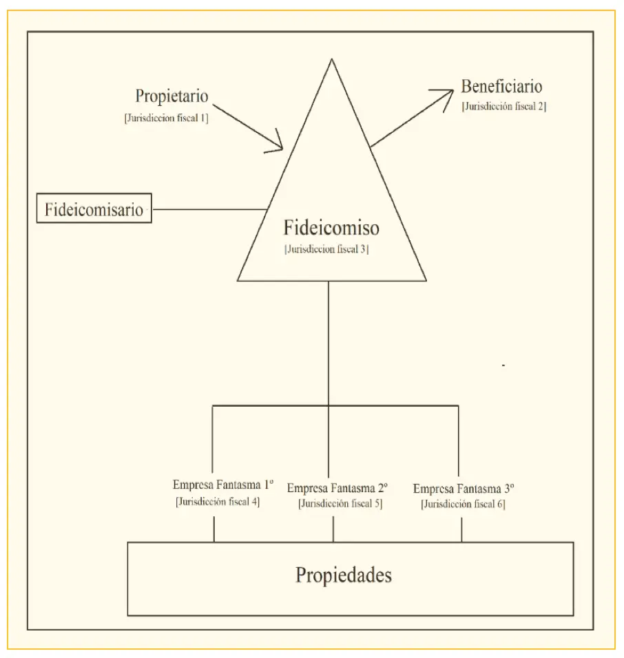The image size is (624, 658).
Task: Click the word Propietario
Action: coord(171,96)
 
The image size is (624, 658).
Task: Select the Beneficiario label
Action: coord(501,87)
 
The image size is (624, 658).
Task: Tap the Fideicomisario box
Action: coord(94,208)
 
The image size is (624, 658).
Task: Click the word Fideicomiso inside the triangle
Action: coord(331,227)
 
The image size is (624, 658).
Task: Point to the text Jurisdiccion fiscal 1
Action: coord(166,118)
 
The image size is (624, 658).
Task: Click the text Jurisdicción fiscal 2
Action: coord(504,107)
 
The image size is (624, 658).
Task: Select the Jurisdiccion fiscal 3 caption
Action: coord(326,249)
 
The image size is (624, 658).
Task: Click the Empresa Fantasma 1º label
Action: coord(223,485)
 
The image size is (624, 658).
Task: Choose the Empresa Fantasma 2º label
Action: coord(337,488)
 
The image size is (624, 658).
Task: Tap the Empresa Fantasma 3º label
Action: coord(464,489)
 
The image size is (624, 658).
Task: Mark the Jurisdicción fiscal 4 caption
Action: coord(218,502)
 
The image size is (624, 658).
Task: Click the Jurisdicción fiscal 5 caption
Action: coord(340,504)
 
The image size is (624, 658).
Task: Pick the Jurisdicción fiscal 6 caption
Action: coord(463,504)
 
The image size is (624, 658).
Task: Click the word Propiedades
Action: coord(344,575)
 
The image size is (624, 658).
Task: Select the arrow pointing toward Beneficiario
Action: coord(412,118)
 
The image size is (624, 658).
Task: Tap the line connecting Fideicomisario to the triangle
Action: coord(209,209)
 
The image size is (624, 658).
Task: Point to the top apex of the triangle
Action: coord(332,59)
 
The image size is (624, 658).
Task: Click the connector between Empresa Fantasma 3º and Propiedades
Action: coord(461,529)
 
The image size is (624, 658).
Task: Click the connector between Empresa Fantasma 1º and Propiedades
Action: coord(214,529)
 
